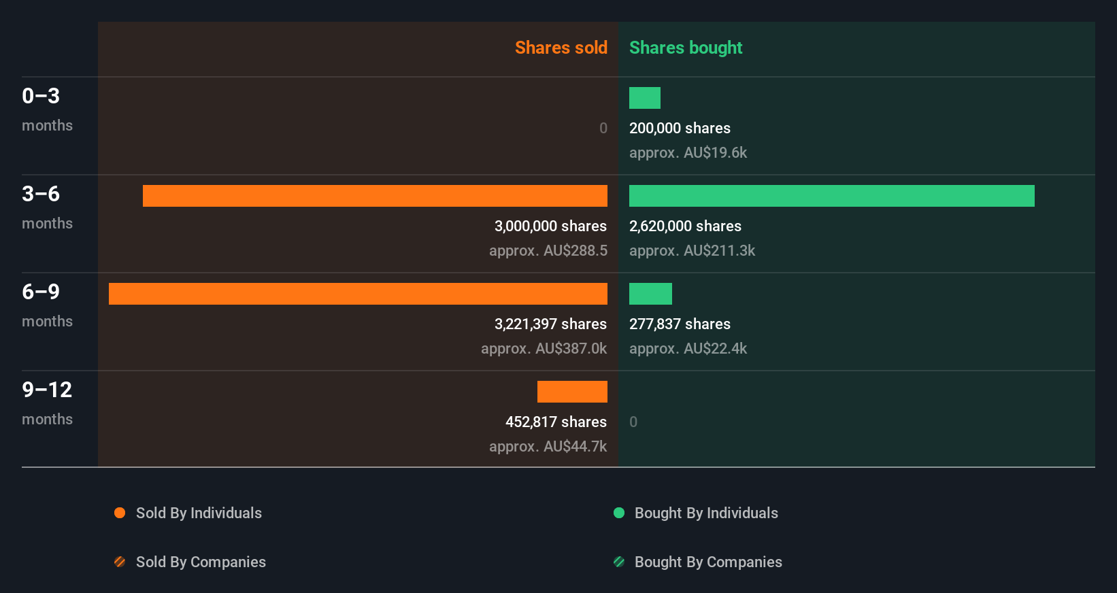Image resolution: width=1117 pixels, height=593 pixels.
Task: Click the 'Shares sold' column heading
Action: (x=561, y=48)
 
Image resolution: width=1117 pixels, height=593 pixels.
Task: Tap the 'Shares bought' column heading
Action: (x=685, y=48)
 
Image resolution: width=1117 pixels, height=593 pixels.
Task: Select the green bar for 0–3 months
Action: (x=644, y=98)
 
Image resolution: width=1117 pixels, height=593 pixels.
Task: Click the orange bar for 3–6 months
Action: (x=375, y=196)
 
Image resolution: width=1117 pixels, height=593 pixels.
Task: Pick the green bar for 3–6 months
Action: (x=831, y=196)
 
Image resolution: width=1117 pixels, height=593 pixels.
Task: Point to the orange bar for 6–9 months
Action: (x=358, y=294)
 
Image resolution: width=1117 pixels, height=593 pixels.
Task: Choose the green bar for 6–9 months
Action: (x=650, y=294)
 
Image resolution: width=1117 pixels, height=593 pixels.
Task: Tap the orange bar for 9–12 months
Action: (x=572, y=392)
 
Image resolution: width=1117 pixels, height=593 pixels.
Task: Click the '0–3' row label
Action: (x=41, y=96)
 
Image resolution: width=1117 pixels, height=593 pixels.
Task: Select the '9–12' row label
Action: (x=47, y=390)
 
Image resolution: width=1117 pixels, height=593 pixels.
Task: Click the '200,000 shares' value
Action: (x=680, y=128)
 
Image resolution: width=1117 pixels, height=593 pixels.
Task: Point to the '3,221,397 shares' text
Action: (x=550, y=324)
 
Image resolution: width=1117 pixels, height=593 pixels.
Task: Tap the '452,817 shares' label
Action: (x=556, y=422)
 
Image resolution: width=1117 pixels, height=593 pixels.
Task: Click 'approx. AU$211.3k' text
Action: (x=692, y=250)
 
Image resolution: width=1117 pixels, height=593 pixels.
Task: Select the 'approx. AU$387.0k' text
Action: (x=544, y=348)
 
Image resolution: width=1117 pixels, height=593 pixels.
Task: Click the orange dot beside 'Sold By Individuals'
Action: (x=120, y=513)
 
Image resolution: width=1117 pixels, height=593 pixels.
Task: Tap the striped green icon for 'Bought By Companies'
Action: (x=619, y=562)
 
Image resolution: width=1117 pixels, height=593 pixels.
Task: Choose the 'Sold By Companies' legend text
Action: (x=201, y=562)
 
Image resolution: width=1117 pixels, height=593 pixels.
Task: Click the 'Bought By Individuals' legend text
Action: (x=706, y=513)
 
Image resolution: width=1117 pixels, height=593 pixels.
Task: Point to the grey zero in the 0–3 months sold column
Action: (x=603, y=128)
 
